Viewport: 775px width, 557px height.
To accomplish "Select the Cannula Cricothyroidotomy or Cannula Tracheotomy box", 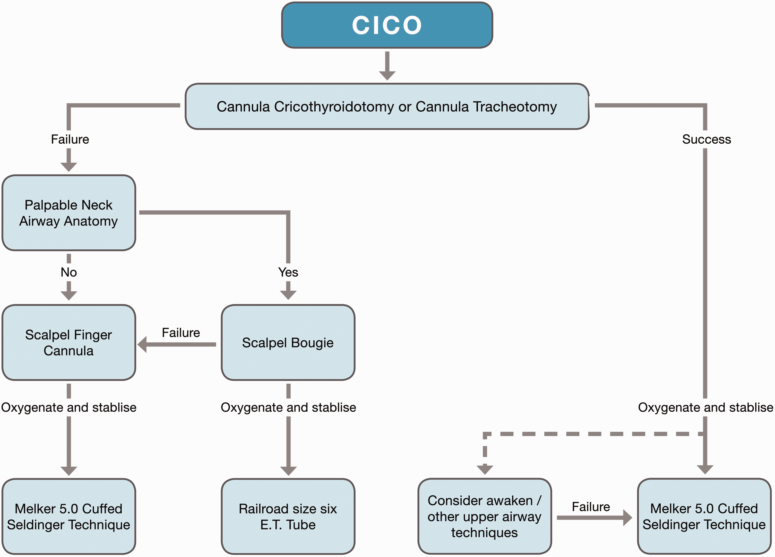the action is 387,107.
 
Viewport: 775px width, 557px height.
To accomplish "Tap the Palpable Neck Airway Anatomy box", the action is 69,213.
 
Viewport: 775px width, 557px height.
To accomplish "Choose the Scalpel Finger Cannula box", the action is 69,343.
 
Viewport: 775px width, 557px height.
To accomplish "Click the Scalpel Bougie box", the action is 288,343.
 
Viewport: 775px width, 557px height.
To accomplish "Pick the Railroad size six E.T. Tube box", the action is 288,516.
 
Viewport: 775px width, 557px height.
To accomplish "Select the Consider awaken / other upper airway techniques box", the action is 485,516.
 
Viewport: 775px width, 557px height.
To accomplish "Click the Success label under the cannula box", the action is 706,139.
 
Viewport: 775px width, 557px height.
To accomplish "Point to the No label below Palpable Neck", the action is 69,272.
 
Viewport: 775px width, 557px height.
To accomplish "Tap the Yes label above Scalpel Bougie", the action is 288,272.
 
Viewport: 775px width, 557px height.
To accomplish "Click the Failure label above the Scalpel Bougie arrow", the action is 181,333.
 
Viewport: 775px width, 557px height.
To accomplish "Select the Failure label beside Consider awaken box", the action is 591,507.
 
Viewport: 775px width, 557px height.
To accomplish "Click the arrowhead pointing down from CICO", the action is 387,75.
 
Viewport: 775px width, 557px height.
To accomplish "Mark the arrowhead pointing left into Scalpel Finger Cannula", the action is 142,344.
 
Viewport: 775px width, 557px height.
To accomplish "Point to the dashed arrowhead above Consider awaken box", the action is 485,469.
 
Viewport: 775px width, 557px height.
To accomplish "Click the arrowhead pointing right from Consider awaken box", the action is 628,518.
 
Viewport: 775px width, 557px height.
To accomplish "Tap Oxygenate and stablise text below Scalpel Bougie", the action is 288,407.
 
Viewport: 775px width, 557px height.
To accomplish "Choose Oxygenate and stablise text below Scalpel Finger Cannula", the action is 69,407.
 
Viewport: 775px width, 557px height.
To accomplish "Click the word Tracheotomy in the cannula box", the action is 486,107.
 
